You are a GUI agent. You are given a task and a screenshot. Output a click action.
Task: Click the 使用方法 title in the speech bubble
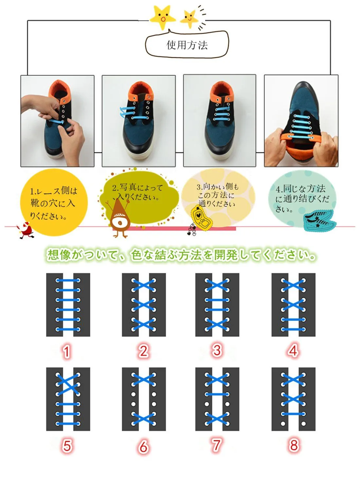(x=187, y=45)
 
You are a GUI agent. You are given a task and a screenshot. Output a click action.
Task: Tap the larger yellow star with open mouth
(x=162, y=17)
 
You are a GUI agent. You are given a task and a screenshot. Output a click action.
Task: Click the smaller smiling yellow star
(x=189, y=19)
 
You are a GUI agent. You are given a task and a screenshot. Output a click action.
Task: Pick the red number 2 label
(x=143, y=351)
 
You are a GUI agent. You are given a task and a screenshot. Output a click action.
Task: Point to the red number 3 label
(x=217, y=350)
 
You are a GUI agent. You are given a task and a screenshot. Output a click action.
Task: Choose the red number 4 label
(x=293, y=351)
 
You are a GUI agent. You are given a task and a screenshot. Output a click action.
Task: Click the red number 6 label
(x=143, y=446)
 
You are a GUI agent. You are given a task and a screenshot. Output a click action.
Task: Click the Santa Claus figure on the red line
(x=26, y=230)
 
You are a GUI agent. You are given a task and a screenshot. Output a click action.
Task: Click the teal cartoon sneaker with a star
(x=320, y=220)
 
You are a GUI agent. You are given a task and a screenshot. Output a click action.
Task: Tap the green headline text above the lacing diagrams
(x=181, y=255)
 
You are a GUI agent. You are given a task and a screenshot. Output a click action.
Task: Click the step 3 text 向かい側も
(x=218, y=187)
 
